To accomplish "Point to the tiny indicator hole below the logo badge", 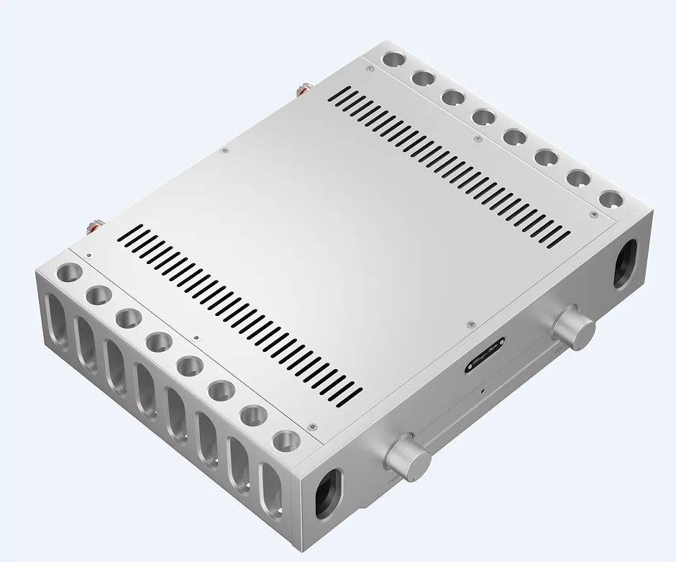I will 482,391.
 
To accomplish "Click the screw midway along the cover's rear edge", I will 224,150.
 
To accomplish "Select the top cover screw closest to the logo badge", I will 470,325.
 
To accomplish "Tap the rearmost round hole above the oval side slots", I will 70,273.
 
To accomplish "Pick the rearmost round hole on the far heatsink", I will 392,58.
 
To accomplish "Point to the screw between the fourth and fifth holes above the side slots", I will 195,336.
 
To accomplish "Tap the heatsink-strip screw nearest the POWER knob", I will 311,427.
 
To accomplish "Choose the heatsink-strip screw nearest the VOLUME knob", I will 593,214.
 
